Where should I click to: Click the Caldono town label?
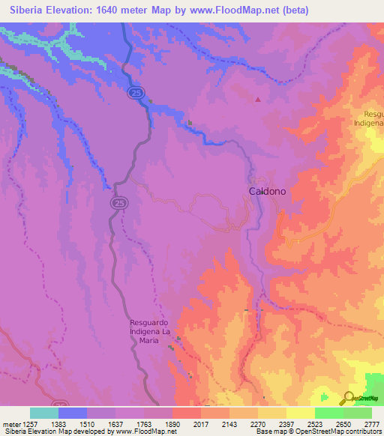(267, 191)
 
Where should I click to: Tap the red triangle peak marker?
(259, 98)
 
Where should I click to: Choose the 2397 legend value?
(286, 424)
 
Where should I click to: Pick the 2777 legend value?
(372, 424)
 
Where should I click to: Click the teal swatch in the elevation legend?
(44, 413)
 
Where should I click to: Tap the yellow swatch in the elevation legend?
(300, 413)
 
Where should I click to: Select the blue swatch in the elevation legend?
(73, 413)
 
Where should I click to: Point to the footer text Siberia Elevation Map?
(37, 432)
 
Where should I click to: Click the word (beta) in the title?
(292, 10)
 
